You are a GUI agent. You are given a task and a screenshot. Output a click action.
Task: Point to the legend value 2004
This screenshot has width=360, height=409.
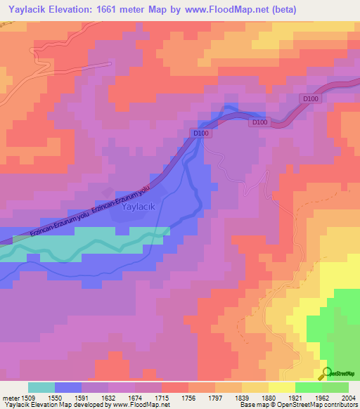[348, 396]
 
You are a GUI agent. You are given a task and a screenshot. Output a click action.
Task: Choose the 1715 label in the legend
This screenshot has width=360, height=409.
[161, 396]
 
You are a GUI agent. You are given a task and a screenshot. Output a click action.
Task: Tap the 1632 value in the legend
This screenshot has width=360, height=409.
[108, 396]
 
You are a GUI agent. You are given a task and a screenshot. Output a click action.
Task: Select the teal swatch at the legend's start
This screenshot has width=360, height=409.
[41, 387]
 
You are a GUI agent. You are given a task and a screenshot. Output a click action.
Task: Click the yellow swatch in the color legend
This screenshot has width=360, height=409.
[281, 387]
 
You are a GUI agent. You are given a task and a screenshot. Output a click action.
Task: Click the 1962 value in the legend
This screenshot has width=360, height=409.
[321, 396]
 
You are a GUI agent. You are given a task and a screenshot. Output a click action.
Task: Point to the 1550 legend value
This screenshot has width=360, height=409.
[55, 396]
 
